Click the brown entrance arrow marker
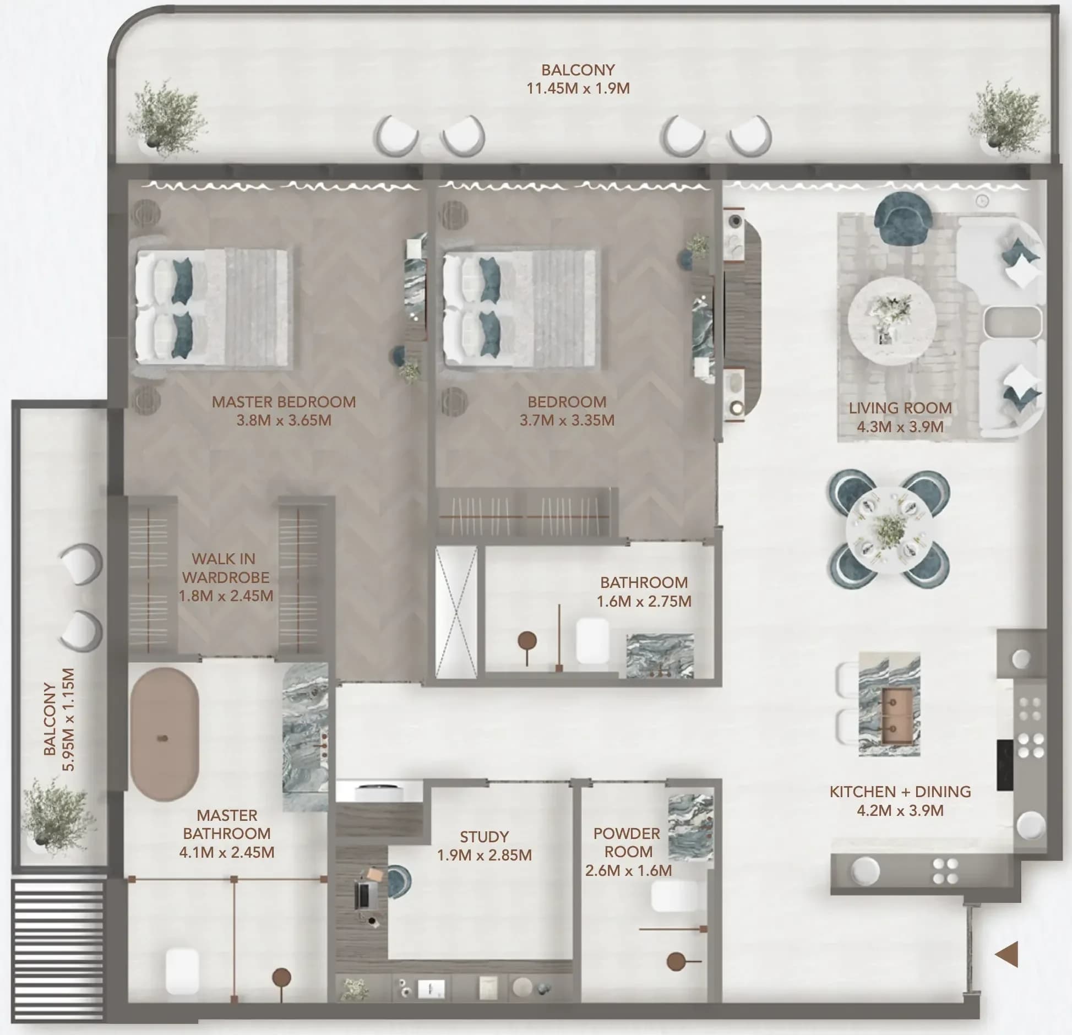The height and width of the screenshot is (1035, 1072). pyautogui.click(x=1008, y=954)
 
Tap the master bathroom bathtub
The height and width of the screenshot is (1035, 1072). pyautogui.click(x=164, y=734)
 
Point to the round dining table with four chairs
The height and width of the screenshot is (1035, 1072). pyautogui.click(x=889, y=529)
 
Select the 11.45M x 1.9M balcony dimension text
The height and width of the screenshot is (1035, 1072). pyautogui.click(x=578, y=89)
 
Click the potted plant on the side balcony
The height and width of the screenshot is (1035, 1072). pyautogui.click(x=55, y=815)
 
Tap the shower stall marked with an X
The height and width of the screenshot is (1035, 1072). pyautogui.click(x=456, y=612)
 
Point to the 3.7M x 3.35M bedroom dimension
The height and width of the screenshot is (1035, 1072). pyautogui.click(x=567, y=421)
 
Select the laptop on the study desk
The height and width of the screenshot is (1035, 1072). pyautogui.click(x=363, y=895)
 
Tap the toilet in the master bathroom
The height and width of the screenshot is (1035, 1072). pyautogui.click(x=182, y=971)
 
